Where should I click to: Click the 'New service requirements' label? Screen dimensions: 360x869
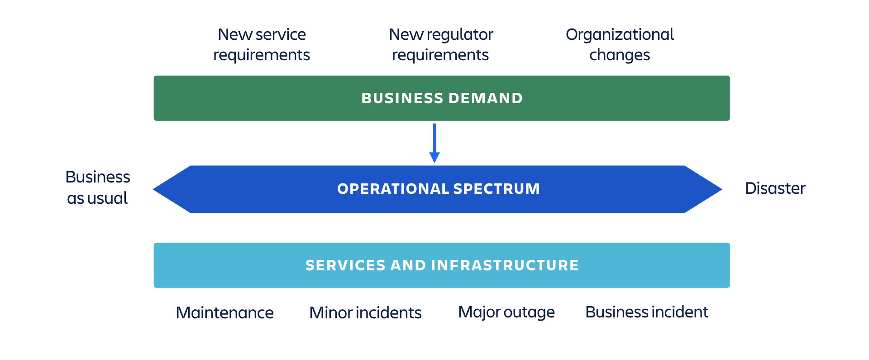click(262, 44)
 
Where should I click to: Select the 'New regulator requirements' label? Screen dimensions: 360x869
click(441, 44)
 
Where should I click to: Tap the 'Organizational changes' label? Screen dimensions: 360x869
click(620, 44)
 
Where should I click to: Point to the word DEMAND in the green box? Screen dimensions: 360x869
click(485, 98)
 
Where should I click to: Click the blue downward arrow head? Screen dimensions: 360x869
click(434, 157)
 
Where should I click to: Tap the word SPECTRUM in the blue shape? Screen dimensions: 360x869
click(497, 189)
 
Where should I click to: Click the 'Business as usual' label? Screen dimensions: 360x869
click(98, 187)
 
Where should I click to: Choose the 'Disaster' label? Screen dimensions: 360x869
click(775, 188)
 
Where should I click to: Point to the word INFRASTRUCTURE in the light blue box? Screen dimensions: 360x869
click(505, 265)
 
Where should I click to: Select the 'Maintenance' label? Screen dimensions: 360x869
click(224, 313)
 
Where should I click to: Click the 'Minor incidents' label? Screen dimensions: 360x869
click(365, 313)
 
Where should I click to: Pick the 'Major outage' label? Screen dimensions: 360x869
click(506, 312)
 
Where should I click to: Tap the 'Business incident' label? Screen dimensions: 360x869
click(646, 312)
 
